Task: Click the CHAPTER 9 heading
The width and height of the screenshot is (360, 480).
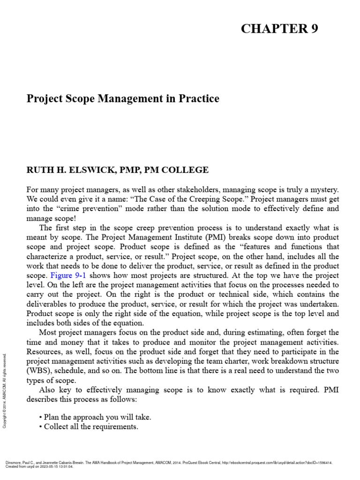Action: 279,29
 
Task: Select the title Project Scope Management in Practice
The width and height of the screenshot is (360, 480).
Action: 123,99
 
